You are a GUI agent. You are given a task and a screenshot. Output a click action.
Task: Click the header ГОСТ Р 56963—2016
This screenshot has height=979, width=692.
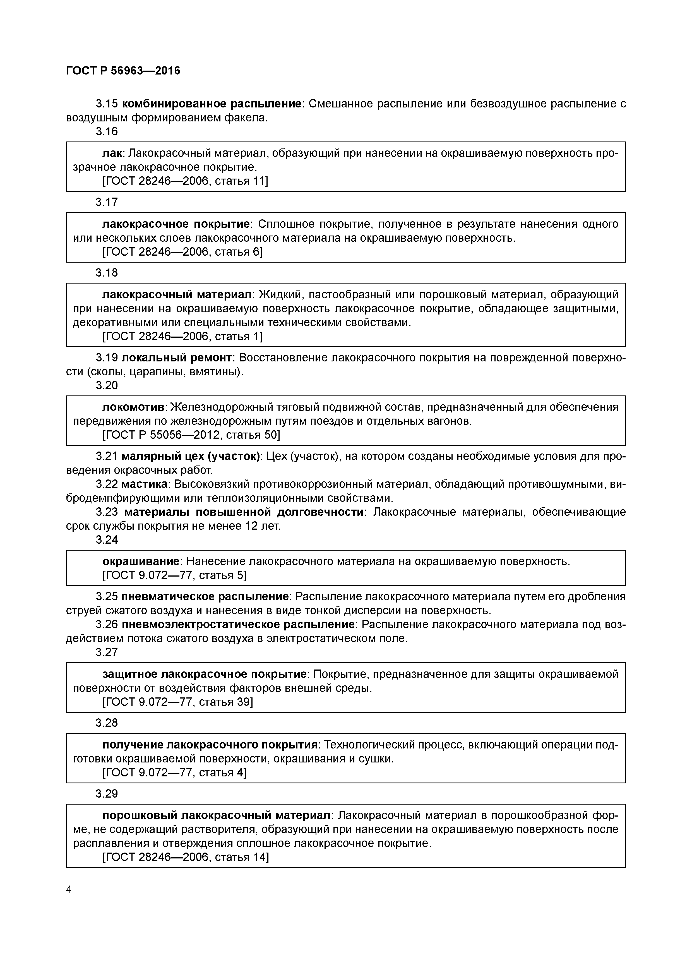point(123,71)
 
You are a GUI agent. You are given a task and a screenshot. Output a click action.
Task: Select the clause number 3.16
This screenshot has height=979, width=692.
point(107,132)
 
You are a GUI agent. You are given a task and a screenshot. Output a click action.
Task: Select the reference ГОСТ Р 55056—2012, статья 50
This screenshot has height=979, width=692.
point(191,435)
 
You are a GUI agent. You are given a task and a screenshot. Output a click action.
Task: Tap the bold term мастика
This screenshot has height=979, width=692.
point(145,484)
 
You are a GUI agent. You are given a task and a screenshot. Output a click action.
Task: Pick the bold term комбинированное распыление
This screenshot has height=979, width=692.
point(212,104)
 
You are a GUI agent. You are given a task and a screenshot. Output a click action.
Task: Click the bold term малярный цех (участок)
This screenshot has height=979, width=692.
point(190,456)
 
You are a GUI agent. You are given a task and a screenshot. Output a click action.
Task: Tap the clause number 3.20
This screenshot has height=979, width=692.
point(107,385)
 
